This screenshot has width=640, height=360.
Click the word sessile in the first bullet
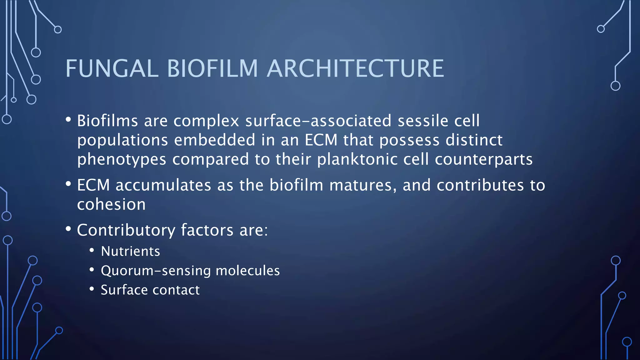(423, 121)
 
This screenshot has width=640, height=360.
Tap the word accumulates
(163, 185)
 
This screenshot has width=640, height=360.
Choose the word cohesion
(111, 204)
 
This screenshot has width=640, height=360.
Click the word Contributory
(126, 230)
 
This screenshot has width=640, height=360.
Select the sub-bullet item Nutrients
(130, 251)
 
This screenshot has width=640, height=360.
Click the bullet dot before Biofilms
(68, 120)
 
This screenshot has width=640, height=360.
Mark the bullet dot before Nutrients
(92, 250)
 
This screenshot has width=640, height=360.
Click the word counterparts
(483, 159)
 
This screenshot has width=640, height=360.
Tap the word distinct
(474, 140)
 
